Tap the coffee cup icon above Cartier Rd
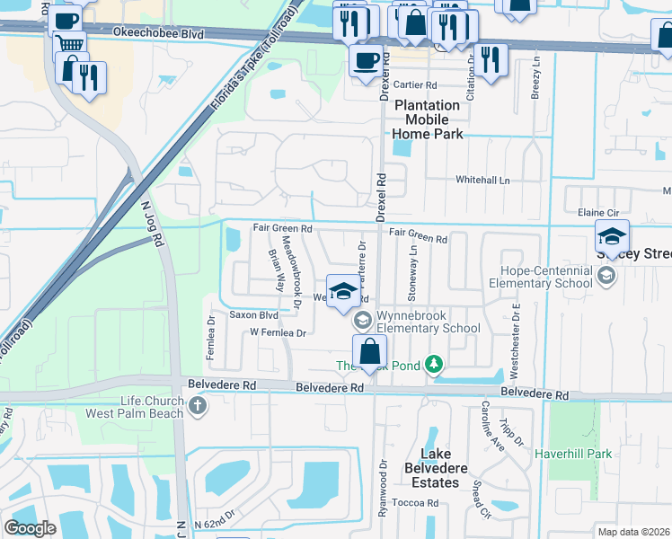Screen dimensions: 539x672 [366, 62]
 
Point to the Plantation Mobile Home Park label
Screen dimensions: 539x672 [428, 119]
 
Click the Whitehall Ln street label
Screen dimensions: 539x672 [482, 181]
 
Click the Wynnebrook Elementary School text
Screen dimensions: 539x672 [428, 322]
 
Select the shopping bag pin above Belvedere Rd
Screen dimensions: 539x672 [369, 351]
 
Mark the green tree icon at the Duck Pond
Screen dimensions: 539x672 [435, 364]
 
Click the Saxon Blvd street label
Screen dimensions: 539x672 [254, 315]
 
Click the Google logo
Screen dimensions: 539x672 [30, 528]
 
